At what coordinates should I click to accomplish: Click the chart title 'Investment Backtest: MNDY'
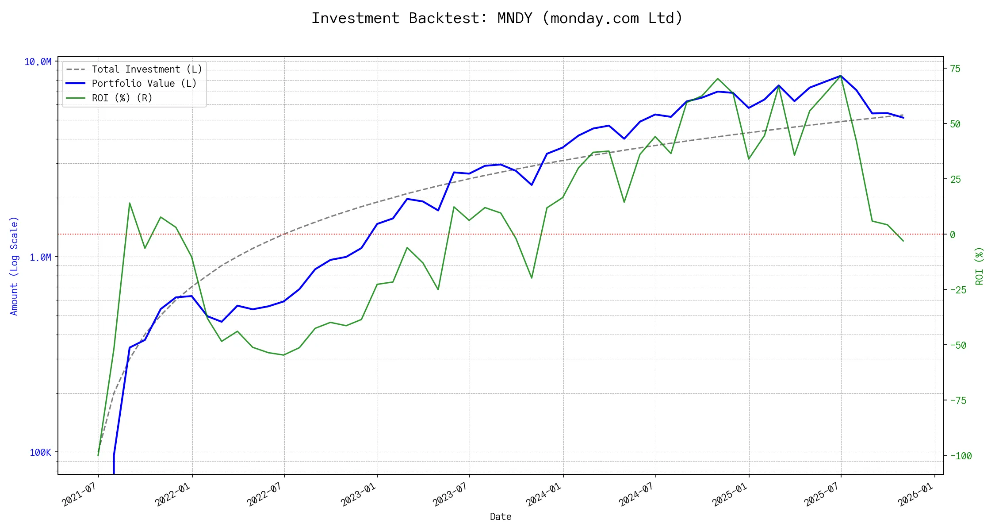(497, 18)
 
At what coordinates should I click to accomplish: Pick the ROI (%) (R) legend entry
(122, 98)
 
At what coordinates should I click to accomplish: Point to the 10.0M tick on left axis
(38, 62)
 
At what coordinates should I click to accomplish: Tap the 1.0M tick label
(40, 257)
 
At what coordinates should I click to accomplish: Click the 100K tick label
(40, 452)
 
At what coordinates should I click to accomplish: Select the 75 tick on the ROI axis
(955, 69)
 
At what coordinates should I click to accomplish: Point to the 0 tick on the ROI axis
(953, 235)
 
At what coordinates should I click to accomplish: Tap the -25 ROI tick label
(958, 290)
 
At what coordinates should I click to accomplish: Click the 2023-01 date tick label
(358, 494)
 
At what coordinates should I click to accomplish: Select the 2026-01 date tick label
(915, 494)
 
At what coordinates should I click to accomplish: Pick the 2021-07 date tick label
(79, 494)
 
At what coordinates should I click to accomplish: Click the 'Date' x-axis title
(501, 517)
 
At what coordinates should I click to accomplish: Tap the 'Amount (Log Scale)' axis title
(14, 265)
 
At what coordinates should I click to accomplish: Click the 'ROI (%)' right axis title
(980, 265)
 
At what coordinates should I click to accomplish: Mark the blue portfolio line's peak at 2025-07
(841, 76)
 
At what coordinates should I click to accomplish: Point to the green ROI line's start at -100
(98, 455)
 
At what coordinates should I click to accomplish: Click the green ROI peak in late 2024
(717, 79)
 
